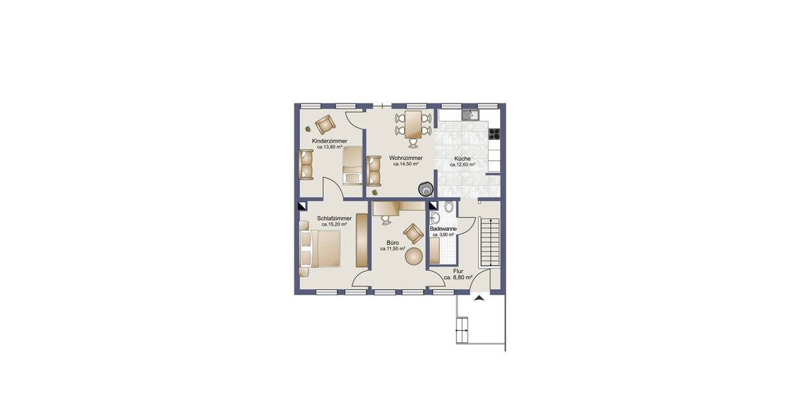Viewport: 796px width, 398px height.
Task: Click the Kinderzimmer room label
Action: click(330, 141)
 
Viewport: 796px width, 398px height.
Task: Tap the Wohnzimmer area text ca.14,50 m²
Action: click(406, 164)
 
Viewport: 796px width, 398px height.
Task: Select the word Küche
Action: click(462, 159)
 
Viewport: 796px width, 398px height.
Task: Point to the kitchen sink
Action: click(471, 115)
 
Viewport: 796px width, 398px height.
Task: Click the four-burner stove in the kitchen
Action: click(494, 132)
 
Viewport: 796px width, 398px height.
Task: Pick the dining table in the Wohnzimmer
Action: click(413, 124)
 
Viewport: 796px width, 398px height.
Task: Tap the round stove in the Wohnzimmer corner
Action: click(425, 188)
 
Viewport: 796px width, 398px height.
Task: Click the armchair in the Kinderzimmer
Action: click(325, 124)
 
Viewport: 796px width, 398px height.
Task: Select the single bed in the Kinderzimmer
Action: click(353, 166)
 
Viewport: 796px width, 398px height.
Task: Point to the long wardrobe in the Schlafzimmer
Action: click(362, 240)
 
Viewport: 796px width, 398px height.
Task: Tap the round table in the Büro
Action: click(415, 256)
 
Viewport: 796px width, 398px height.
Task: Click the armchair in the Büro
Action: click(413, 233)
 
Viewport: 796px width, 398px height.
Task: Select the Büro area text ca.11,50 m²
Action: click(393, 249)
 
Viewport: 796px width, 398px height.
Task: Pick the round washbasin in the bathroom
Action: click(436, 219)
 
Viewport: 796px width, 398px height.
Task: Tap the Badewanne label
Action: click(443, 229)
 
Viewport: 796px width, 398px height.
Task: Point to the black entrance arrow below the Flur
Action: click(480, 299)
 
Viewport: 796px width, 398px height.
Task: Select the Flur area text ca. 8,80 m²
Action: click(458, 278)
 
